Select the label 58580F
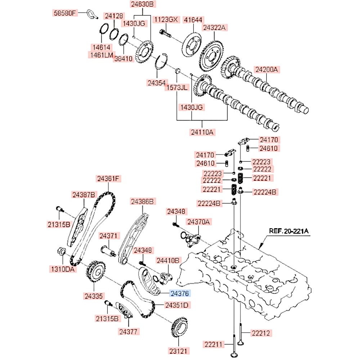[x=65, y=14]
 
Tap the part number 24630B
[x=141, y=4]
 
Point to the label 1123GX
[x=166, y=19]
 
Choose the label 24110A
[x=202, y=132]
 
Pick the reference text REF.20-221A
[x=289, y=231]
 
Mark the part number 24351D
[x=177, y=305]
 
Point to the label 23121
[x=179, y=350]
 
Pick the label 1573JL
[x=176, y=87]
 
